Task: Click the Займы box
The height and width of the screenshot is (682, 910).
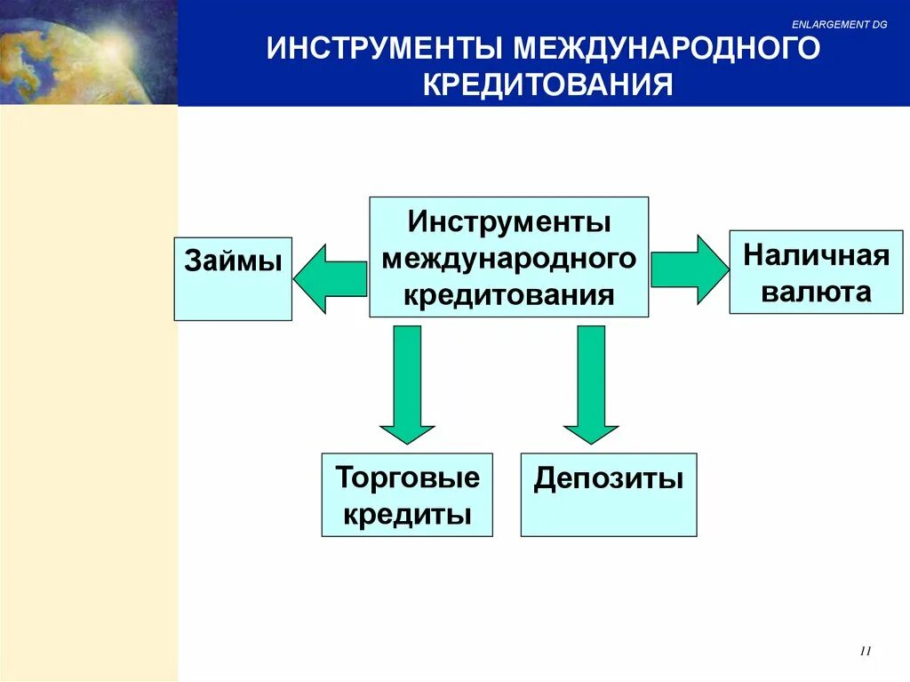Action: (233, 278)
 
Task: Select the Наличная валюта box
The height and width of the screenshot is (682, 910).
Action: (816, 271)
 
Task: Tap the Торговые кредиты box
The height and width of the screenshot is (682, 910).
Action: (407, 494)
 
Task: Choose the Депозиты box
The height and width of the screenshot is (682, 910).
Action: (609, 494)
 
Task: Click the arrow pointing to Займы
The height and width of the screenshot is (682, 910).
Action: (329, 278)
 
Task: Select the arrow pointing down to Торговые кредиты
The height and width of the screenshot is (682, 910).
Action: (407, 382)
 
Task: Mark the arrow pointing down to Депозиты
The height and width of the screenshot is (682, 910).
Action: (591, 382)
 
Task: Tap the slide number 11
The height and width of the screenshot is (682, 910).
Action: (866, 652)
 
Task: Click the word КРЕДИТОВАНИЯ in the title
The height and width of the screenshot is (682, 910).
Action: (547, 84)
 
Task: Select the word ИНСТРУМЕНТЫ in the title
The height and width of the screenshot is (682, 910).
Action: (382, 49)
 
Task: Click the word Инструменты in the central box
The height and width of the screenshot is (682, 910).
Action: (509, 221)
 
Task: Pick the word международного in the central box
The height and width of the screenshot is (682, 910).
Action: (509, 259)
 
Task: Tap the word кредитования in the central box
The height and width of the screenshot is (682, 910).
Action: (509, 295)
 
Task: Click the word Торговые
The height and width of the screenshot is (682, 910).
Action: (407, 477)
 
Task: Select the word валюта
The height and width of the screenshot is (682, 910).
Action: (816, 292)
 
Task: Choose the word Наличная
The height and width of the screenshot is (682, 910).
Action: (816, 255)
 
